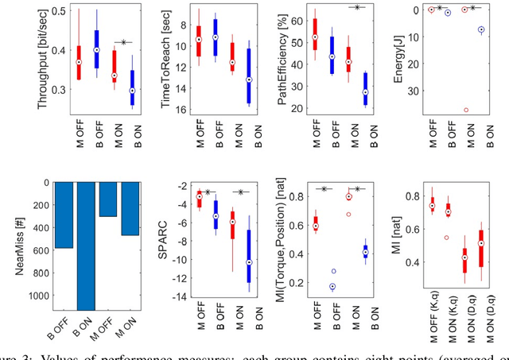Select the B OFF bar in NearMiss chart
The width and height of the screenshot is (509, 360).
(67, 215)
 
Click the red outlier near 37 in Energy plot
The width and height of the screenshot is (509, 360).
(465, 110)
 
